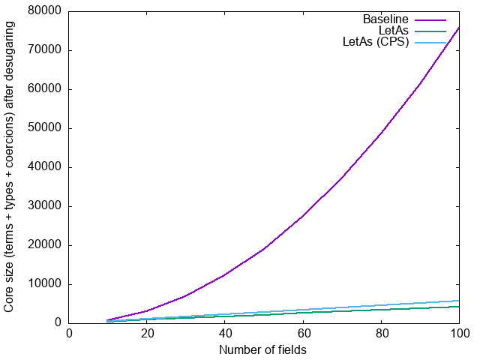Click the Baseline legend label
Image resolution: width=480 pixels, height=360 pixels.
[385, 19]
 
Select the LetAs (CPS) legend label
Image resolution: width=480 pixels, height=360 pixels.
[375, 42]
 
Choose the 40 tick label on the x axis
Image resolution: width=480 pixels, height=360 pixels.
[225, 334]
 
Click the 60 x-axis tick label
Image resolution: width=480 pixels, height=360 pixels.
[303, 334]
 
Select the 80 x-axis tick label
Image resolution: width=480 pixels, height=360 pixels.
[381, 334]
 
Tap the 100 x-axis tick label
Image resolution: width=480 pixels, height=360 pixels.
[459, 334]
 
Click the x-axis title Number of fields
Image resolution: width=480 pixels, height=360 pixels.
[262, 349]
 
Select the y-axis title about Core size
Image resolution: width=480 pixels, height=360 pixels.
[10, 167]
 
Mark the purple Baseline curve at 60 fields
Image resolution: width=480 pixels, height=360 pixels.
[303, 216]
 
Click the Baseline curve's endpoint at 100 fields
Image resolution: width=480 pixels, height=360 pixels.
[459, 27]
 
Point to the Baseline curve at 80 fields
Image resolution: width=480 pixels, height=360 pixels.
[381, 133]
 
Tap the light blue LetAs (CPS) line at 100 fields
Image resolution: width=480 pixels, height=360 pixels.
[459, 301]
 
